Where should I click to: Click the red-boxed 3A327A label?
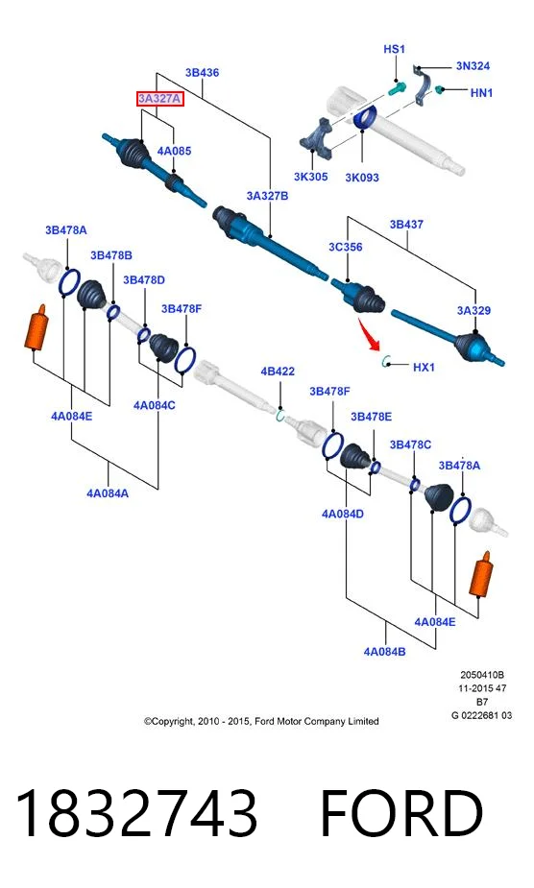pyautogui.click(x=159, y=99)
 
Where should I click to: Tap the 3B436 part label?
pyautogui.click(x=202, y=73)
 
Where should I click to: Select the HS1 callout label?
pyautogui.click(x=394, y=49)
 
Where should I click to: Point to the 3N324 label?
pyautogui.click(x=473, y=65)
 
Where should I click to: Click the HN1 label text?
pyautogui.click(x=481, y=92)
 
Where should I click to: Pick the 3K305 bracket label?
pyautogui.click(x=310, y=177)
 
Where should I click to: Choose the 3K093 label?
pyautogui.click(x=362, y=178)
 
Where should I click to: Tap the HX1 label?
pyautogui.click(x=424, y=367)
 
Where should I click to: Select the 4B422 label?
pyautogui.click(x=278, y=372)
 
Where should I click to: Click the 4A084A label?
pyautogui.click(x=108, y=493)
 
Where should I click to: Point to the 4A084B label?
pyautogui.click(x=384, y=651)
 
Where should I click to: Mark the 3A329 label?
pyautogui.click(x=473, y=310)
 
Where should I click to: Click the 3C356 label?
pyautogui.click(x=345, y=247)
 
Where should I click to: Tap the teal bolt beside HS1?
pyautogui.click(x=398, y=88)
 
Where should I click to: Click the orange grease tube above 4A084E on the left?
pyautogui.click(x=36, y=326)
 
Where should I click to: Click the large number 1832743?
pyautogui.click(x=136, y=813)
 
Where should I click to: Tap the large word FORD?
pyautogui.click(x=401, y=813)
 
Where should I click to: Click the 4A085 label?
pyautogui.click(x=174, y=151)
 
